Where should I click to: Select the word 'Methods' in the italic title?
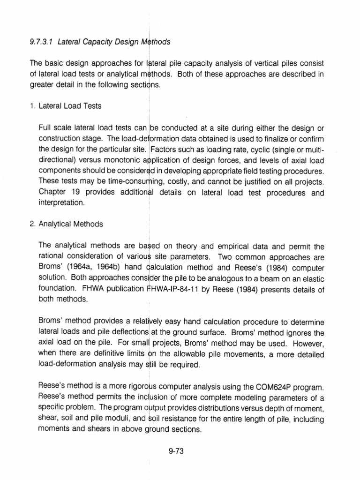(155, 41)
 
